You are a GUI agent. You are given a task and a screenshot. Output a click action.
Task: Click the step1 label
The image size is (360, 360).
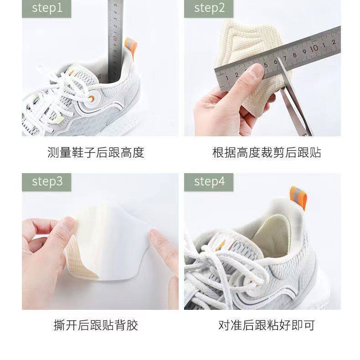[x=46, y=8]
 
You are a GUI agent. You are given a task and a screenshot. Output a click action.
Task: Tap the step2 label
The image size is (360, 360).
[x=209, y=8]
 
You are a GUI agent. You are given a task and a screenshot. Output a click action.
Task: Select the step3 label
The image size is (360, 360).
[x=46, y=182]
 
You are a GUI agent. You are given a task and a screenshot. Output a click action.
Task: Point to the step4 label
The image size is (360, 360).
[x=209, y=182]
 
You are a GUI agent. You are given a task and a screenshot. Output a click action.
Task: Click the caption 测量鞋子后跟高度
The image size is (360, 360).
[x=96, y=152]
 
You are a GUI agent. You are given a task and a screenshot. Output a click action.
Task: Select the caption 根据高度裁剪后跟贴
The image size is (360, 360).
[x=266, y=152]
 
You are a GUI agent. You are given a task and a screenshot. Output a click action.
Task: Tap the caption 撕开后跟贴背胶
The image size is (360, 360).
[x=96, y=325]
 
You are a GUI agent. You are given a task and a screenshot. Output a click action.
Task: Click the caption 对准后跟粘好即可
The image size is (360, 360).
[x=266, y=325]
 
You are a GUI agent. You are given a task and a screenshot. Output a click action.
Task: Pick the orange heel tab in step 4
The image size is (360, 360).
[x=298, y=198]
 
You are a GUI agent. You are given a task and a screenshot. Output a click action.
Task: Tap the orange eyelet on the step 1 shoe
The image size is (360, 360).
[x=91, y=99]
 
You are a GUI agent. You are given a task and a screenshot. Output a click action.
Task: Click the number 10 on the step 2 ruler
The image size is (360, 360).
[x=314, y=48]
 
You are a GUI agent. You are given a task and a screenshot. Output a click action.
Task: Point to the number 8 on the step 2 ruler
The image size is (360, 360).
[x=294, y=55]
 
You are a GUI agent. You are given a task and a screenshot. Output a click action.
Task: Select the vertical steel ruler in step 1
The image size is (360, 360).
[x=115, y=41]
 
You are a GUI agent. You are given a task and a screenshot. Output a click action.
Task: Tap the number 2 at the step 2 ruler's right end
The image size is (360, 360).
[x=334, y=42]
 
